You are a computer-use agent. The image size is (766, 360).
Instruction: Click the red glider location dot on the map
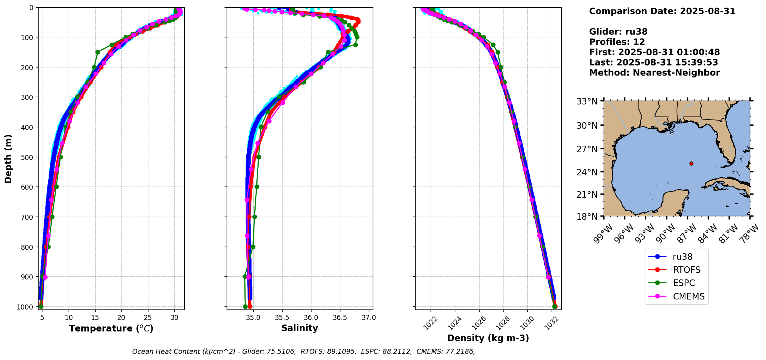(691, 163)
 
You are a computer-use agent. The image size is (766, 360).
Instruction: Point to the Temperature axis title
(111, 328)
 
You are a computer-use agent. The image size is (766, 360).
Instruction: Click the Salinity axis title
(300, 328)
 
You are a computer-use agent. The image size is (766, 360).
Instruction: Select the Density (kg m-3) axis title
(488, 338)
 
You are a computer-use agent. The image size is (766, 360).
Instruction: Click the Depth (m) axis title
(8, 158)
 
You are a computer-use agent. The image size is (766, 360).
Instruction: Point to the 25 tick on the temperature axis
(148, 318)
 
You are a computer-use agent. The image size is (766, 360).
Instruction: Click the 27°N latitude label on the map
(587, 149)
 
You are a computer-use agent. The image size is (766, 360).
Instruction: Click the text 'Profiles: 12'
(617, 42)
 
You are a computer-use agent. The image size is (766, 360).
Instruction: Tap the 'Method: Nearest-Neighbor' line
(654, 73)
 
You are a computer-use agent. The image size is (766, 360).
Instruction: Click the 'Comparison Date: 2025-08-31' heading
(662, 11)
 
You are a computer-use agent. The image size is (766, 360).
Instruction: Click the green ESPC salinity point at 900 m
(245, 276)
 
